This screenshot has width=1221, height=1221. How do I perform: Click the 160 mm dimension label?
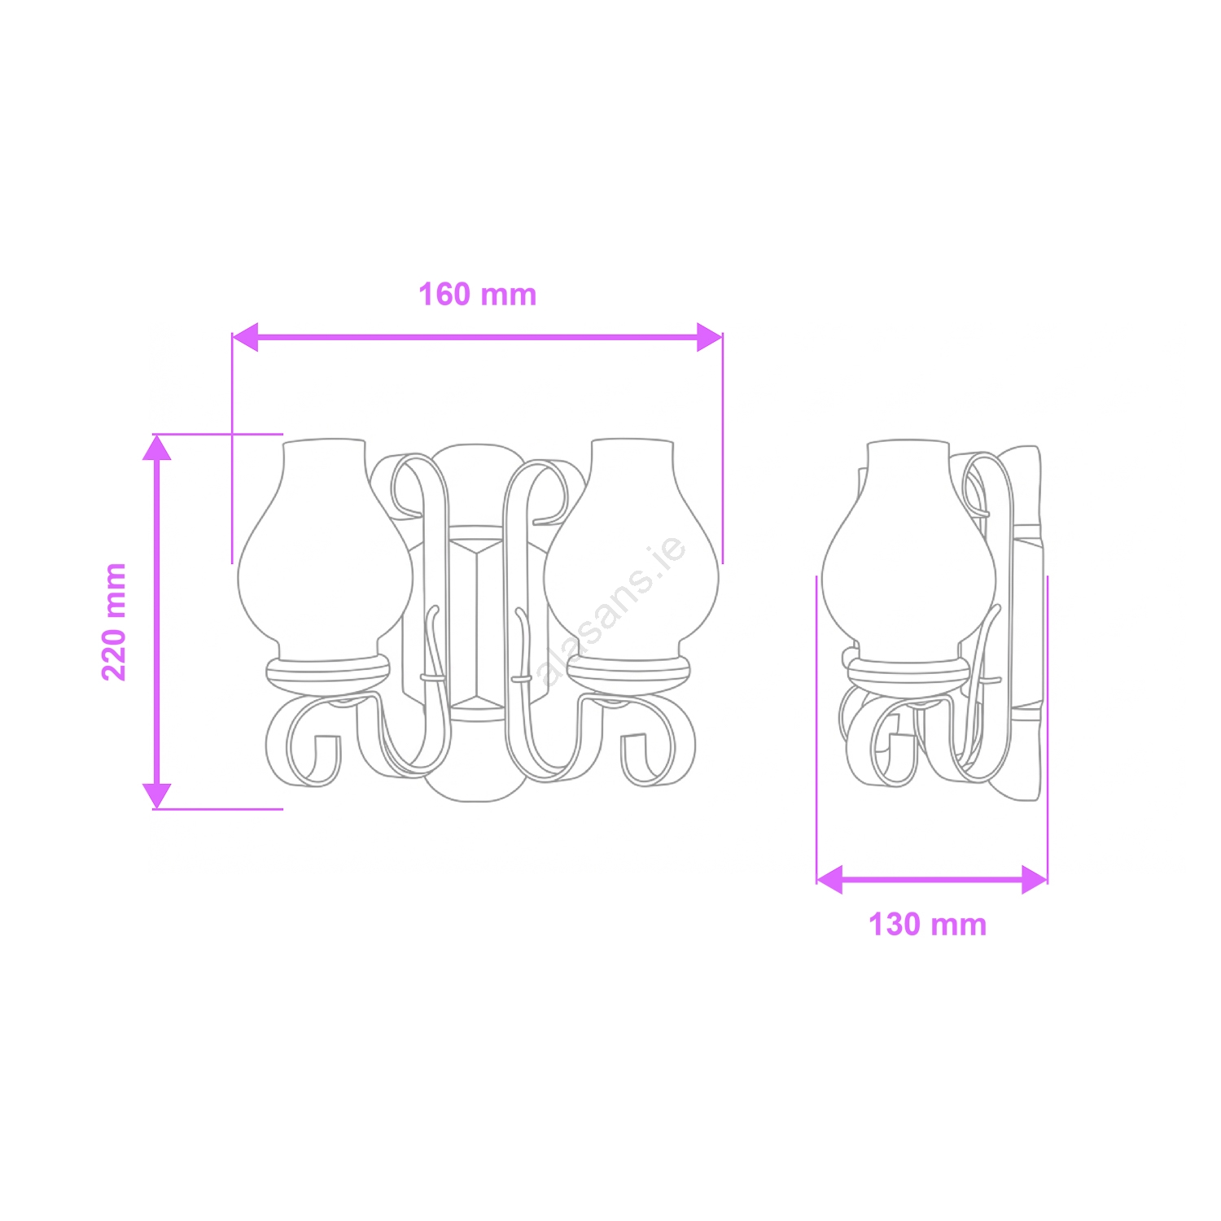[x=478, y=295]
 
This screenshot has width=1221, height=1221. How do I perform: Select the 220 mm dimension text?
[x=114, y=622]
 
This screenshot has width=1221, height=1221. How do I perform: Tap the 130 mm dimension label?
[x=927, y=925]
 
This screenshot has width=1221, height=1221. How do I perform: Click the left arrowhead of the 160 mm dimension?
[x=245, y=337]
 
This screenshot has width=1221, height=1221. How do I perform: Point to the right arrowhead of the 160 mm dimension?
[x=710, y=337]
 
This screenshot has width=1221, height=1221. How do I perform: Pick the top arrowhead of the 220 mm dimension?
[x=157, y=448]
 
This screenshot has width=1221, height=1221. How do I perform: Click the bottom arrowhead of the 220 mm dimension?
[x=157, y=796]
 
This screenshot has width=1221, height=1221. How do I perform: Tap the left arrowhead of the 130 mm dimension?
[x=829, y=880]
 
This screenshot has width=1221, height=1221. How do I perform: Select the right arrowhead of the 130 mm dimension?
[x=1034, y=880]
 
